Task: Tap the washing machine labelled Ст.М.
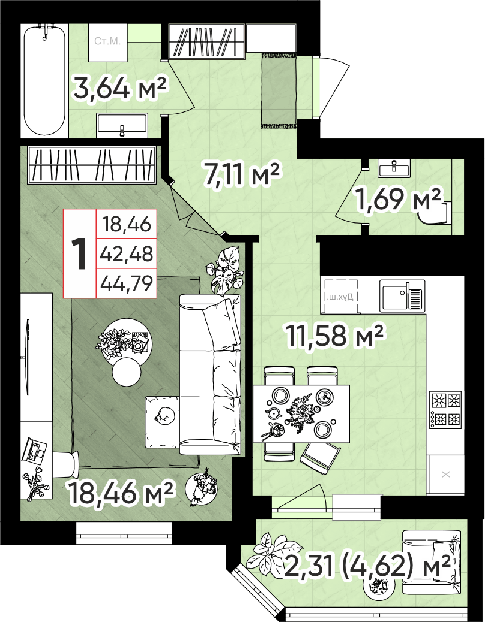107,43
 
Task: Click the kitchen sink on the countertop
402,295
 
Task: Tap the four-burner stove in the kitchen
445,409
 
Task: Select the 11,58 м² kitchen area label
334,335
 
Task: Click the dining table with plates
301,413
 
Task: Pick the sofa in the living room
211,375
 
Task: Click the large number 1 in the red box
80,253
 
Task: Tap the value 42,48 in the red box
127,253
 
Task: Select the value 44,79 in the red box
127,283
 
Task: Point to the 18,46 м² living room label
121,493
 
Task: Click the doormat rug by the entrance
279,90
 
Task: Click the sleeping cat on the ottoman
166,416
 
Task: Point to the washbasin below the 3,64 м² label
122,125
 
